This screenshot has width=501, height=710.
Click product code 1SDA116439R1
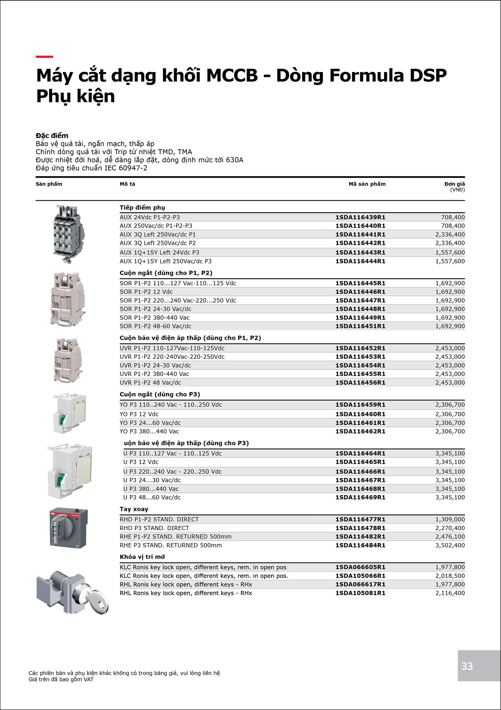pos(360,217)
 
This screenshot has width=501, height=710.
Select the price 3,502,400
pos(450,545)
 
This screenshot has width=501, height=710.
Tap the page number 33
pos(467,666)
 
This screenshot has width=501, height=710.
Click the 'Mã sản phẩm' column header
pos(367,184)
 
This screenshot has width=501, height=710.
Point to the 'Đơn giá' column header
pos(454,184)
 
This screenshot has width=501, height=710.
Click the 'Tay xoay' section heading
pos(134,509)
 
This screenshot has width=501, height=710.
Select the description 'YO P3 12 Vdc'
pos(139,414)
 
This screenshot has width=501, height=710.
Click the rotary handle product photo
pos(69,528)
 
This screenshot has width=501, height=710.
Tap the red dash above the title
pos(44,57)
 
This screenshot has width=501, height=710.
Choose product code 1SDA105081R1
pos(360,593)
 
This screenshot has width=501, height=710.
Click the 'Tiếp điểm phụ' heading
pos(142,207)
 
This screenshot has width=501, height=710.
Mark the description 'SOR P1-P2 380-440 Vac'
pos(155,318)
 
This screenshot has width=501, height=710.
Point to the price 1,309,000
pos(450,519)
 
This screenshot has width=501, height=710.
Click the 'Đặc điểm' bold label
pos(52,135)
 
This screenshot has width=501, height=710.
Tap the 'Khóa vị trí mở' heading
pos(142,557)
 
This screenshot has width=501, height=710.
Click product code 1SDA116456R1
pos(360,382)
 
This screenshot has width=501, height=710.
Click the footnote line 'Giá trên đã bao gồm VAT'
pos(61,679)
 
